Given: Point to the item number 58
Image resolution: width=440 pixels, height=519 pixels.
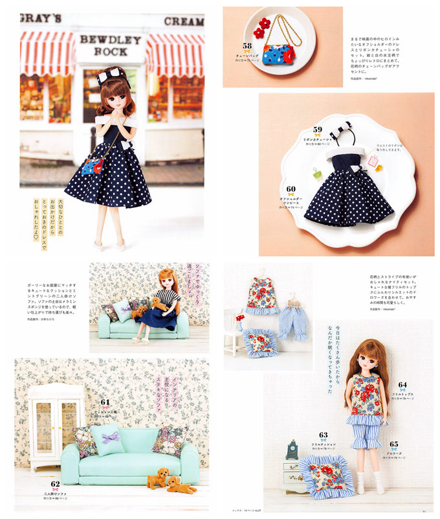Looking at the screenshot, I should click(x=247, y=45).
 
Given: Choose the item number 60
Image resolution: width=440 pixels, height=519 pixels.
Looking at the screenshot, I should click(x=291, y=189).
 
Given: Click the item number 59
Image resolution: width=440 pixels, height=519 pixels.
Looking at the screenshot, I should click(x=317, y=130).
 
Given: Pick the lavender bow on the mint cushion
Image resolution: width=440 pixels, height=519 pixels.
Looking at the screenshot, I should click(x=109, y=438).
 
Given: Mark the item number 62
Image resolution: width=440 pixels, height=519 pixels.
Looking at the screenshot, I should click(x=55, y=483).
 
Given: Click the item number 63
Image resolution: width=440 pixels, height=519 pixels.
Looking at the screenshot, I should click(x=323, y=435).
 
